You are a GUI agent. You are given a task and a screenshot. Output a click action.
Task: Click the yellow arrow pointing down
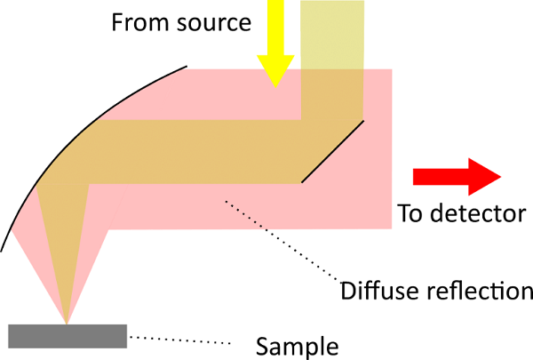pos(275,40)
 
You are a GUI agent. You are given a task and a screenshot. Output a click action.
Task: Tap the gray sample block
pos(68,336)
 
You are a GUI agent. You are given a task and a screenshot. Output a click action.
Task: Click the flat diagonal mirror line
pos(332,150)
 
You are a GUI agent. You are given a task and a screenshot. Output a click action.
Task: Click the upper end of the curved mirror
pos(186,66)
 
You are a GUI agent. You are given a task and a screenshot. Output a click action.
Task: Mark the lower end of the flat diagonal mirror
pos(302,182)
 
